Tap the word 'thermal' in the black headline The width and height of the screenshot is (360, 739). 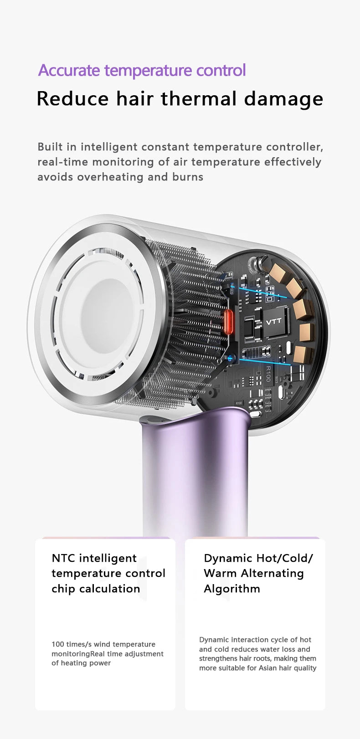click(199, 99)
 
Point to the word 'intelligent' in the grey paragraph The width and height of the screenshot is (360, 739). click(109, 147)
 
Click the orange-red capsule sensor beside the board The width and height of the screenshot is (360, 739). click(228, 321)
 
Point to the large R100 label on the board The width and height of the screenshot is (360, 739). click(268, 374)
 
